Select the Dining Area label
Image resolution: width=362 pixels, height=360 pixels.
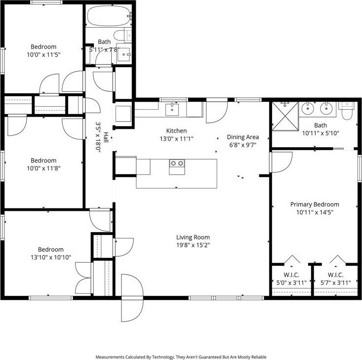tap(242, 137)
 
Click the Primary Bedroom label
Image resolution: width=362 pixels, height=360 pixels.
tap(314, 204)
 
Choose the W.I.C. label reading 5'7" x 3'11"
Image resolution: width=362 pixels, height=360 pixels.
tap(335, 283)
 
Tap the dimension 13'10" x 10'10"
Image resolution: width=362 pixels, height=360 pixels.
tap(48, 257)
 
